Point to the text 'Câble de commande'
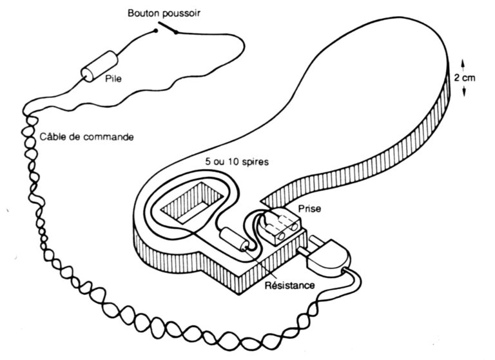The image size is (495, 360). coord(86,137)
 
